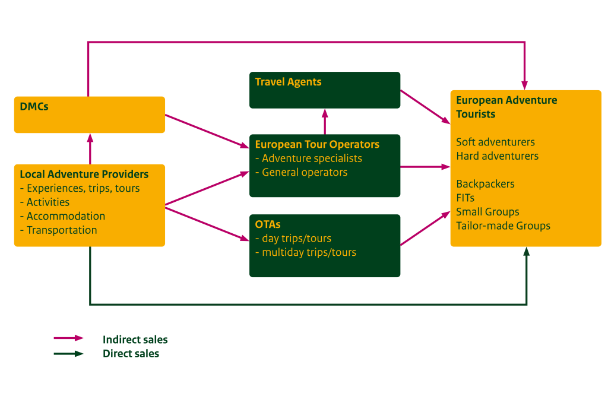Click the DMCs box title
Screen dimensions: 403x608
[x=34, y=107]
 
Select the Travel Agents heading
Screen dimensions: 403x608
[x=288, y=82]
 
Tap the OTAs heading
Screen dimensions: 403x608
[x=268, y=224]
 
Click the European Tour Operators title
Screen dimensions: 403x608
[x=317, y=144]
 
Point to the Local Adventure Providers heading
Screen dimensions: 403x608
[x=84, y=174]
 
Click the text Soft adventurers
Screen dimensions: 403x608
[x=495, y=142]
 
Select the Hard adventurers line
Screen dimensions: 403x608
[x=497, y=156]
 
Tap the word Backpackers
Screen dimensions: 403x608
[x=485, y=184]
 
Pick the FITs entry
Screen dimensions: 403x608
[x=465, y=198]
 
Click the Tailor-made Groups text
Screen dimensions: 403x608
[x=503, y=226]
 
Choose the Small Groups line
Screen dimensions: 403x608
[x=487, y=212]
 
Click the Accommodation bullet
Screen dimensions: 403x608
[x=65, y=216]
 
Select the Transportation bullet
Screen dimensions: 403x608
[x=61, y=230]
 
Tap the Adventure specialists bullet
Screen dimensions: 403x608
[x=311, y=158]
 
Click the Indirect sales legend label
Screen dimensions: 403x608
[x=135, y=340]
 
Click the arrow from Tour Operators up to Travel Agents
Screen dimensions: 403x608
[x=325, y=122]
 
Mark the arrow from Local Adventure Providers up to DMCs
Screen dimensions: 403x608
[x=90, y=148]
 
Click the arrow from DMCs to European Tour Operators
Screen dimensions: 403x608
[x=207, y=131]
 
